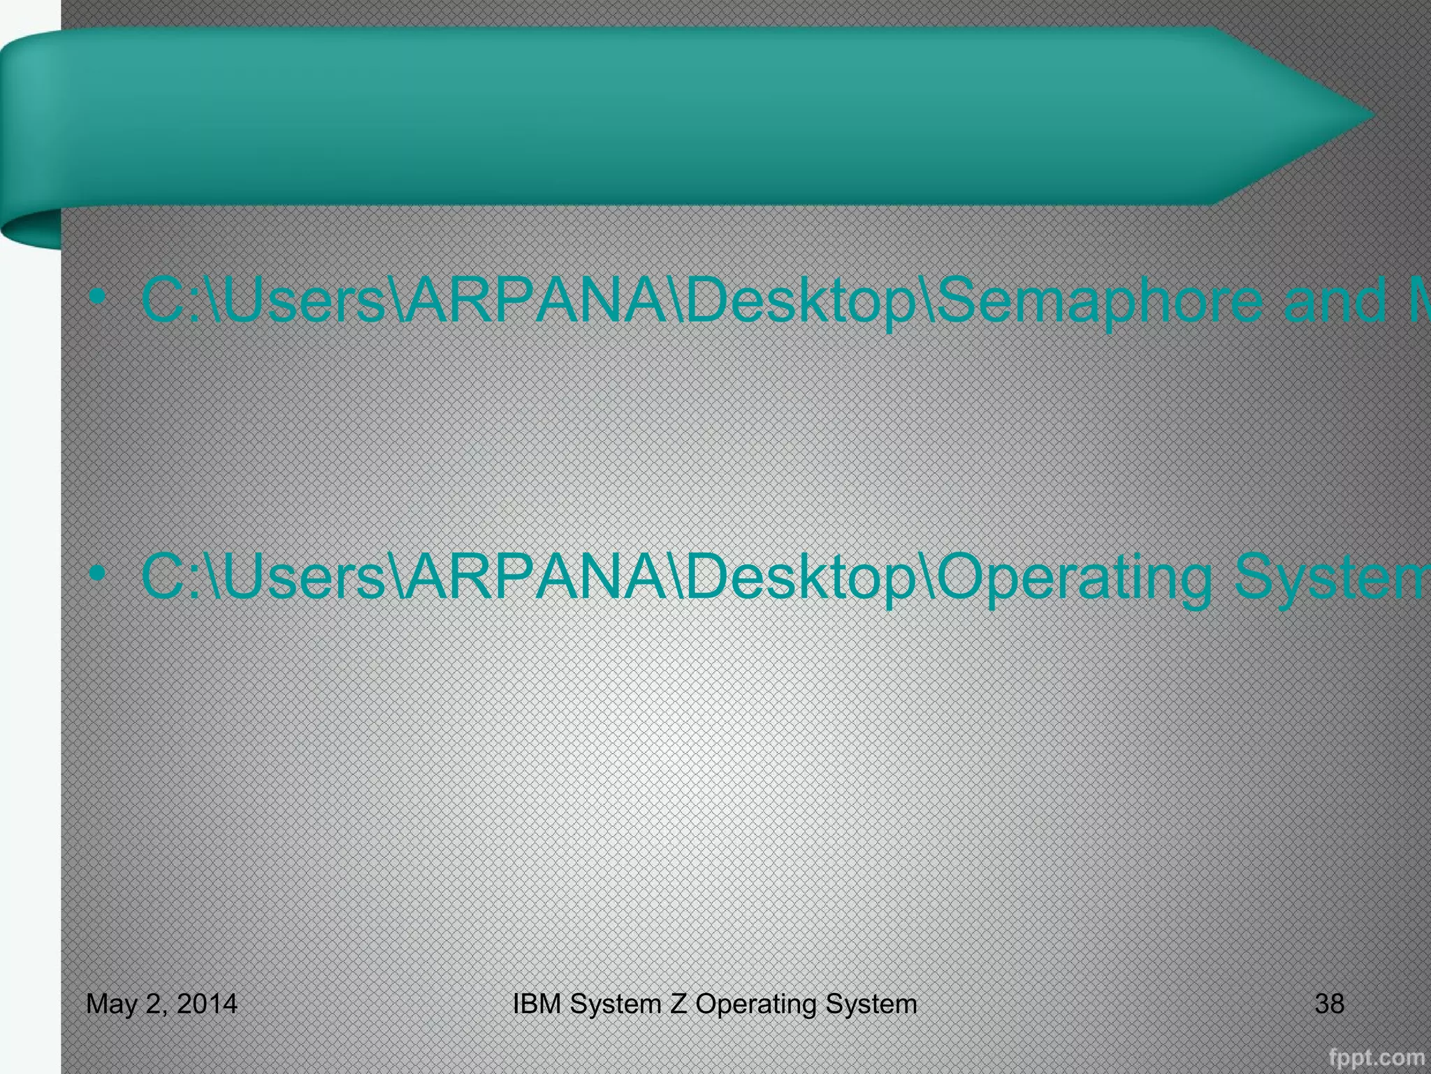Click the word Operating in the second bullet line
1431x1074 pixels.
[x=1076, y=578]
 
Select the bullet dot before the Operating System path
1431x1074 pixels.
[x=98, y=574]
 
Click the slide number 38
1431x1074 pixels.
[x=1329, y=1003]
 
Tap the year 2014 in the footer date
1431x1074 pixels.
[x=207, y=1003]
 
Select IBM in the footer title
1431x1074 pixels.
[x=538, y=1003]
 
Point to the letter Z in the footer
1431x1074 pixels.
[x=678, y=1003]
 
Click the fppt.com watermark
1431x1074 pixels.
[x=1376, y=1057]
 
